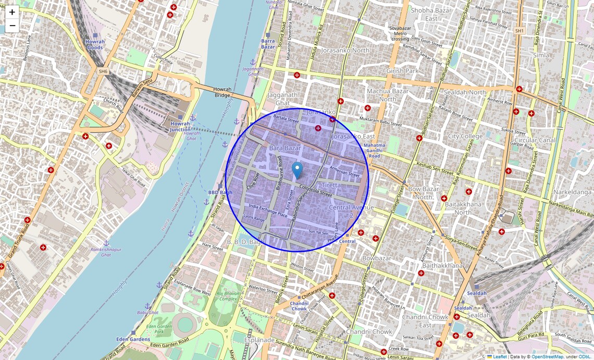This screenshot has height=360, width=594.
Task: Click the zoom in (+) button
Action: [x=12, y=12]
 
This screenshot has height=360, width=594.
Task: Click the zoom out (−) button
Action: [x=12, y=26]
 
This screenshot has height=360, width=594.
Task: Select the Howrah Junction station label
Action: [x=180, y=127]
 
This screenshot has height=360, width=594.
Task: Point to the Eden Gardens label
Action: [x=134, y=339]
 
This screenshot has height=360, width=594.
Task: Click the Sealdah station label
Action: [x=477, y=293]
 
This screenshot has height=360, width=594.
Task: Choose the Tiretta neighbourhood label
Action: [x=331, y=185]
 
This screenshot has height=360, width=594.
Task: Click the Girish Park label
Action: [x=402, y=71]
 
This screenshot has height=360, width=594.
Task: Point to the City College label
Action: [x=465, y=136]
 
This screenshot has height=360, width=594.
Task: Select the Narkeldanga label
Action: [x=573, y=192]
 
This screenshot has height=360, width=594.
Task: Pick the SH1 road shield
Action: [x=519, y=31]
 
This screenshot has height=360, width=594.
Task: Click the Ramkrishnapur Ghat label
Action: [x=106, y=252]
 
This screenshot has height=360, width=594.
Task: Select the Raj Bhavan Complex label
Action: [x=227, y=297]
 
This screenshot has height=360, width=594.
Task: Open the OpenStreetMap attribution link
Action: [x=547, y=357]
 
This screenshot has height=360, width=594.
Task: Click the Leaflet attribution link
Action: [x=500, y=357]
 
